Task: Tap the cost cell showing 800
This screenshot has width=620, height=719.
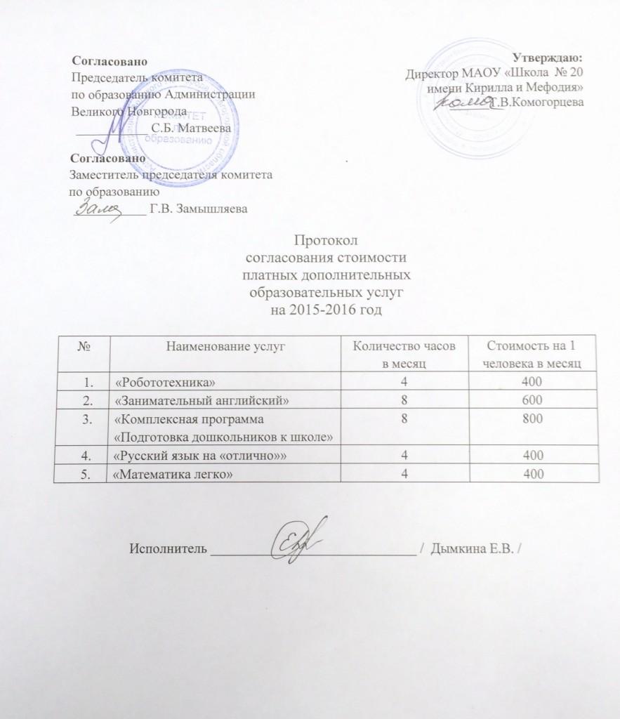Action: [x=539, y=419]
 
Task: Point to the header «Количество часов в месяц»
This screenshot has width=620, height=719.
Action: [x=407, y=352]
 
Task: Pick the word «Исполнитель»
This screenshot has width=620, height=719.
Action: [x=167, y=548]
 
